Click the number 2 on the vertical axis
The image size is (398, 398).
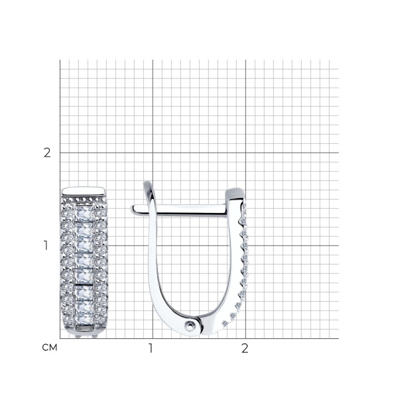(x=47, y=153)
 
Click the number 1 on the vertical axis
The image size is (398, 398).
(x=46, y=245)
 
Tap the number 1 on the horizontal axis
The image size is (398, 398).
(x=151, y=348)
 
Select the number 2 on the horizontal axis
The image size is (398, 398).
(x=245, y=348)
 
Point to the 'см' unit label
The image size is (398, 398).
(x=50, y=348)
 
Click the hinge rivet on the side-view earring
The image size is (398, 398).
(x=190, y=325)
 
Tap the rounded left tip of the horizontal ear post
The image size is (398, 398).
(x=133, y=209)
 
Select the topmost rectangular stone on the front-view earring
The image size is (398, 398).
(x=84, y=213)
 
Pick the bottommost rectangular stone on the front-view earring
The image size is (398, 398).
(x=84, y=319)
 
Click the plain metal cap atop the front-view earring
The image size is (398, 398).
(x=84, y=192)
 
